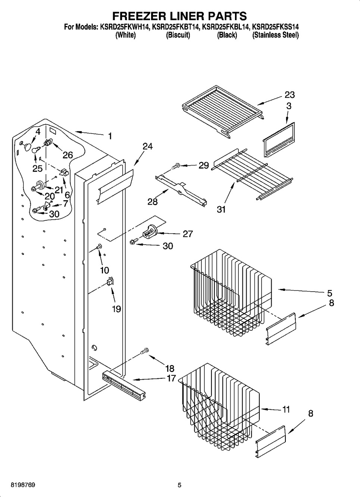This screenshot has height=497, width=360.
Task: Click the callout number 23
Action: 289,95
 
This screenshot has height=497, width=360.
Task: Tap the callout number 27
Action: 188,234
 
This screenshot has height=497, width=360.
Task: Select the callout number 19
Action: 116,309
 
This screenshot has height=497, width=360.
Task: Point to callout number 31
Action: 221,209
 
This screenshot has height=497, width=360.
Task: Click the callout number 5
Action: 329,293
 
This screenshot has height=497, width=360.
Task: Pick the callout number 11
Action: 286,409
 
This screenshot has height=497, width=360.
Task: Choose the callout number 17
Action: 171,378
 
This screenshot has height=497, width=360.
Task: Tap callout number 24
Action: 148,147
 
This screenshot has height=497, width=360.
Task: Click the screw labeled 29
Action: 176,166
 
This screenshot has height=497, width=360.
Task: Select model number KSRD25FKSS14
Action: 275,27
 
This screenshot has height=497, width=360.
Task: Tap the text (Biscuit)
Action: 178,35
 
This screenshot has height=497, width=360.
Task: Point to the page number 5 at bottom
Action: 179,485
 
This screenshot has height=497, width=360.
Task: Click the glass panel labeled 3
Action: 279,140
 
